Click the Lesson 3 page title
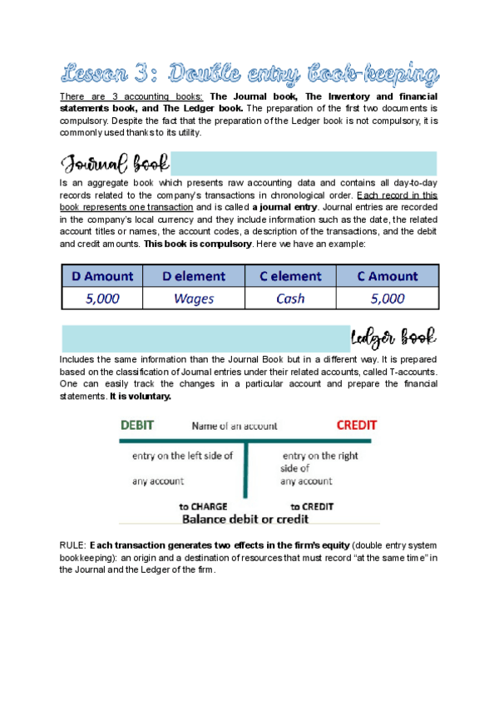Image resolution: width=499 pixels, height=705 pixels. (249, 74)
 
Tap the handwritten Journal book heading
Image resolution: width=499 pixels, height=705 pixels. (114, 162)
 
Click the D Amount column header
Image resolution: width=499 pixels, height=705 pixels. (102, 276)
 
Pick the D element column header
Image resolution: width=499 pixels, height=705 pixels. (193, 276)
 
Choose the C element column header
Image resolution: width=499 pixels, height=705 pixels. (290, 276)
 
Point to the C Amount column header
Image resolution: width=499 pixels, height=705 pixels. (387, 276)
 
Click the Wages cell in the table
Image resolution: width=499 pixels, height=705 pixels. (193, 298)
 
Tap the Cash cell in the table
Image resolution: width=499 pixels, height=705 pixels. (290, 298)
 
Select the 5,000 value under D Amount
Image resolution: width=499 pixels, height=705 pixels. (102, 298)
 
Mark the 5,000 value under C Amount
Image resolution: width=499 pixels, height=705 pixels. (387, 298)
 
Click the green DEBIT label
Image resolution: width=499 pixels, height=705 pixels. (137, 425)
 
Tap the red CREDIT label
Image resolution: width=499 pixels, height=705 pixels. (356, 425)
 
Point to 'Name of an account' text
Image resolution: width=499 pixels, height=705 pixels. (235, 426)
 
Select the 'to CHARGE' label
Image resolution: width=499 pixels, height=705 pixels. (203, 505)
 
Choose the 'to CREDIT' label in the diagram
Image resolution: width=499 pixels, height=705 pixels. (312, 505)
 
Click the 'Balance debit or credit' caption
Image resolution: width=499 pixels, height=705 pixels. (245, 519)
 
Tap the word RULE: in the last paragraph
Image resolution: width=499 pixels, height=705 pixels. (73, 544)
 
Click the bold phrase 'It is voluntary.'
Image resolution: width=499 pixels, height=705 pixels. (140, 397)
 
